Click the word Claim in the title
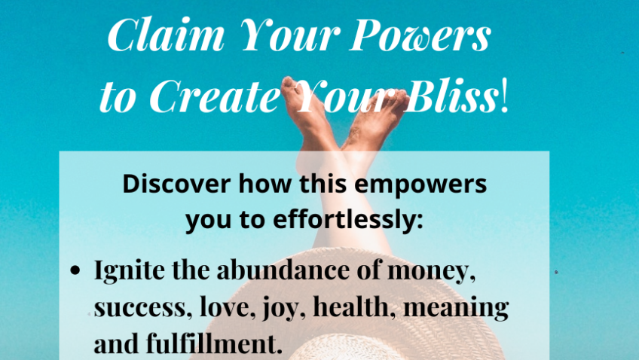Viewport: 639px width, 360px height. [x=166, y=35]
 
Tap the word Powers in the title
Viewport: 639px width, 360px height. [x=420, y=35]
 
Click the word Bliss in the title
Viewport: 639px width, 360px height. [x=451, y=95]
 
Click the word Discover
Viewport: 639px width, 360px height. [x=176, y=184]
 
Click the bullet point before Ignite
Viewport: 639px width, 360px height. [x=75, y=270]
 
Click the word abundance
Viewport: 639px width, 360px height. [x=283, y=270]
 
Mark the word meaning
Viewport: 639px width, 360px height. [x=456, y=309]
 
